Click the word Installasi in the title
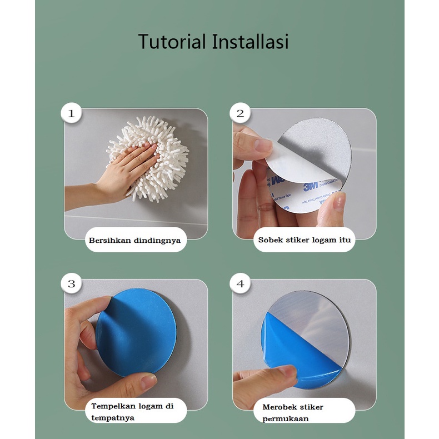tap(250, 42)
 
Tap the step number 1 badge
tap(71, 113)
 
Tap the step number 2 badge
tap(240, 113)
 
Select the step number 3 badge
tap(71, 283)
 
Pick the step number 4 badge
tap(240, 283)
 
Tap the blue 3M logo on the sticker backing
tap(311, 187)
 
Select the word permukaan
tap(286, 419)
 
